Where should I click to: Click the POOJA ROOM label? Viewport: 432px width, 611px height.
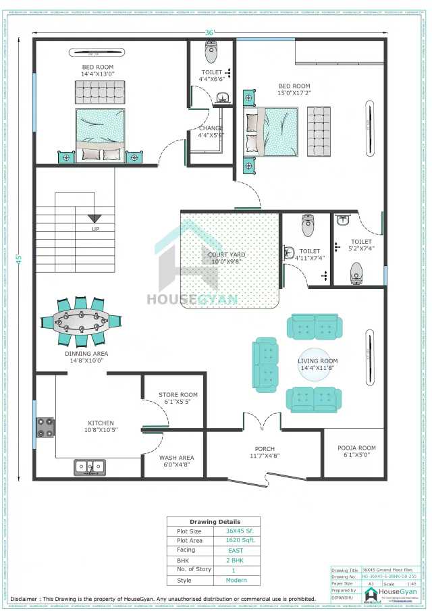[356, 448]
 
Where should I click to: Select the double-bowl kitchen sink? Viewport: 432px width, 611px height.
[89, 466]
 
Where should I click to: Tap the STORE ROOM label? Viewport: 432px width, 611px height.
[178, 395]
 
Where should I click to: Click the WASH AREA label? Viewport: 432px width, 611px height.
[177, 458]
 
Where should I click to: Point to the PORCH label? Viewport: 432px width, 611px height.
[264, 449]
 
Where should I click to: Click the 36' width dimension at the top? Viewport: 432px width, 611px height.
[210, 33]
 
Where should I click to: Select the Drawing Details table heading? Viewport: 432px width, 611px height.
[213, 522]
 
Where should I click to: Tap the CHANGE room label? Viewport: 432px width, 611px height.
[211, 128]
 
